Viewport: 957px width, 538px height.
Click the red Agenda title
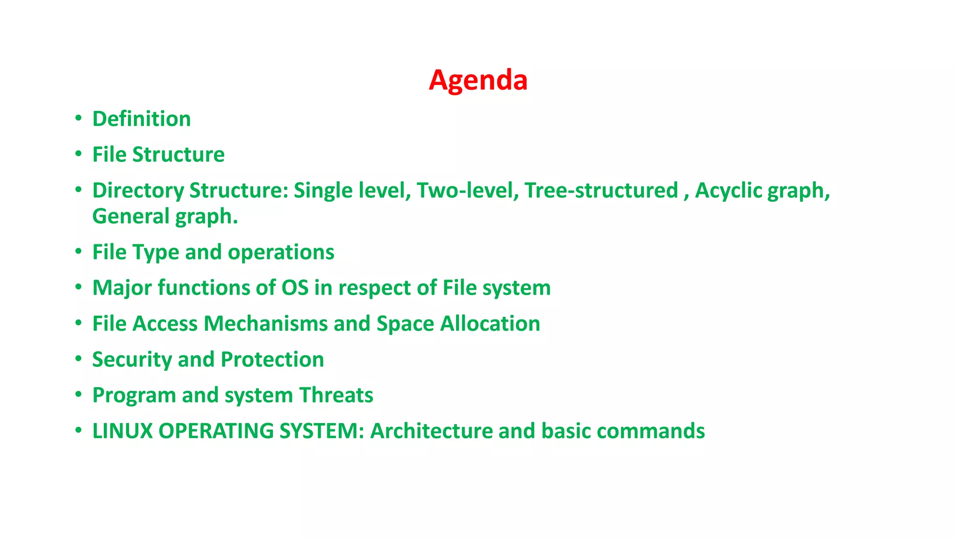coord(478,80)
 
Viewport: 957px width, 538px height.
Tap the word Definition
coord(142,119)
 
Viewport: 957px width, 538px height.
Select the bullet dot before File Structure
coord(79,154)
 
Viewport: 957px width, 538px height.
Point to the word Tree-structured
coord(601,191)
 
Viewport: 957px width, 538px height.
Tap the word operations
coord(281,252)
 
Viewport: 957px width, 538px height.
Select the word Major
coord(122,288)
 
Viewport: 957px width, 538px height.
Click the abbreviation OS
coord(295,288)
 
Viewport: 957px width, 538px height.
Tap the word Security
coord(132,360)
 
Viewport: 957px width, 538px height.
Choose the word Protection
coord(272,360)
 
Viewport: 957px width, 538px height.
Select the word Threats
coord(336,395)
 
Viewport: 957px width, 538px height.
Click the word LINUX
coord(122,431)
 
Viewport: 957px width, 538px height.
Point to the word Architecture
coord(431,431)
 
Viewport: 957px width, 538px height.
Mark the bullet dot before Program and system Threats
coord(79,395)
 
